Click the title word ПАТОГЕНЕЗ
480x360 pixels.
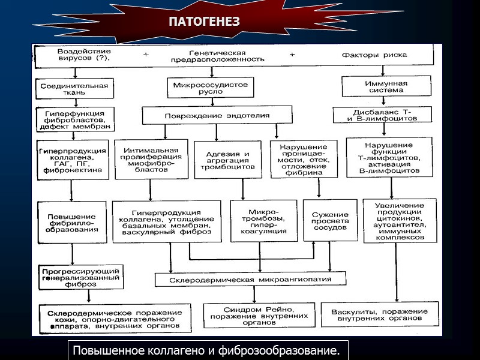[203, 22]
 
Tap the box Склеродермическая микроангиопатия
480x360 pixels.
[250, 280]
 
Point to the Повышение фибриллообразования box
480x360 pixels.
[73, 221]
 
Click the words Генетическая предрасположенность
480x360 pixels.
[217, 56]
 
